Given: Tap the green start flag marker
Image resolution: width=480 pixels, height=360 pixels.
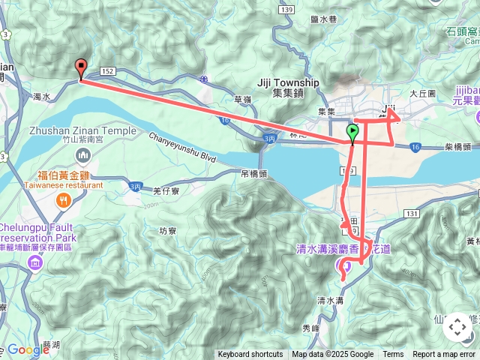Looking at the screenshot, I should (x=353, y=133).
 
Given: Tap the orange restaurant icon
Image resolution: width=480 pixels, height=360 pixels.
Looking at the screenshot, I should (x=64, y=199).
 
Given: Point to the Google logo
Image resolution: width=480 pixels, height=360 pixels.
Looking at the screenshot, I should (x=28, y=349).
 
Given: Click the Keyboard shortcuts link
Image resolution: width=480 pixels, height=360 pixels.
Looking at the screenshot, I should (x=250, y=355).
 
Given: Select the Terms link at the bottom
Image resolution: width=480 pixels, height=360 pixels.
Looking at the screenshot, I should (x=393, y=355).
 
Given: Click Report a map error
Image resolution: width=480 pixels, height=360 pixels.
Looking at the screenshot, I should (x=445, y=355).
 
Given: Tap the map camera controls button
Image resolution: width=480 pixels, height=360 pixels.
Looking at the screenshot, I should (x=457, y=328).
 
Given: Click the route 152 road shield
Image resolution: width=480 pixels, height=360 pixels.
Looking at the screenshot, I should (x=107, y=70).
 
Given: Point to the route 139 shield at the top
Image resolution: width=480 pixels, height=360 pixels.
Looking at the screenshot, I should (x=285, y=9).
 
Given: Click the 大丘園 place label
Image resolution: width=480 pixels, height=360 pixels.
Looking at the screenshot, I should (x=422, y=94).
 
